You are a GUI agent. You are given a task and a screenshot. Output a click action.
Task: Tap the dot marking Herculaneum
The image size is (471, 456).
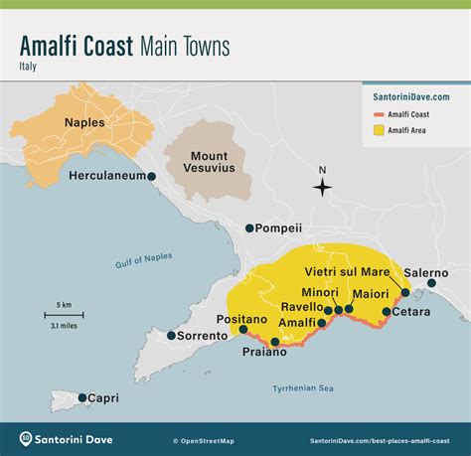[152, 176]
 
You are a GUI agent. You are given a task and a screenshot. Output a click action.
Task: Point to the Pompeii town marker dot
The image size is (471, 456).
[249, 228]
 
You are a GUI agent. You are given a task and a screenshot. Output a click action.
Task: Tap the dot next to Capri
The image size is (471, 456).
[83, 397]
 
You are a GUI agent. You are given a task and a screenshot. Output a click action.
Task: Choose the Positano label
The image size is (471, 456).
[242, 319]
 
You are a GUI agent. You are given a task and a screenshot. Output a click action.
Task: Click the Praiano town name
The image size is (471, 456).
[264, 352]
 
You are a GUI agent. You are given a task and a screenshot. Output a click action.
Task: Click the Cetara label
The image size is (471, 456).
[411, 312]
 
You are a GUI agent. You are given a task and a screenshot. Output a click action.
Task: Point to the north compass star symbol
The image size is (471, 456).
[322, 187]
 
